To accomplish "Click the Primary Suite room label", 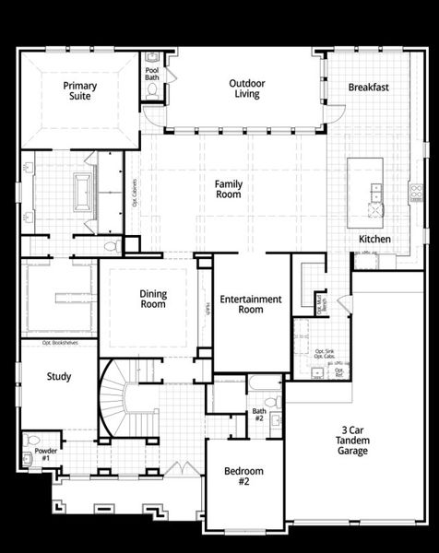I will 80,90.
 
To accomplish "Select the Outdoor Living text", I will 246,88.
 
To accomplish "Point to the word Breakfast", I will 368,88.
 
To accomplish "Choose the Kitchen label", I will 374,240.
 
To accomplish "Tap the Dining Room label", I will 153,299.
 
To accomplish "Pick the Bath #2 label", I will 259,415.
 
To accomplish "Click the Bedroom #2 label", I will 243,476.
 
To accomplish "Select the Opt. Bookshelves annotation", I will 58,343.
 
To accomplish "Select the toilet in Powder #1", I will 34,441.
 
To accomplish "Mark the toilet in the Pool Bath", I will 152,91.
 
